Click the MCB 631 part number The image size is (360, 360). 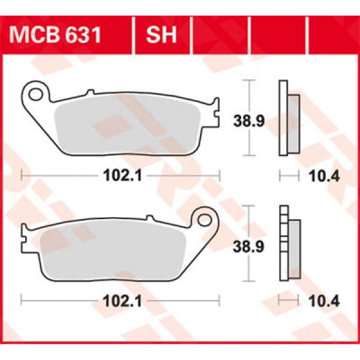[x=55, y=35]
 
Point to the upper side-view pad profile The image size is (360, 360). [x=289, y=124]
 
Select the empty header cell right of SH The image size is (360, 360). [x=218, y=35]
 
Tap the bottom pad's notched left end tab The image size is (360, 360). [x=25, y=239]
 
